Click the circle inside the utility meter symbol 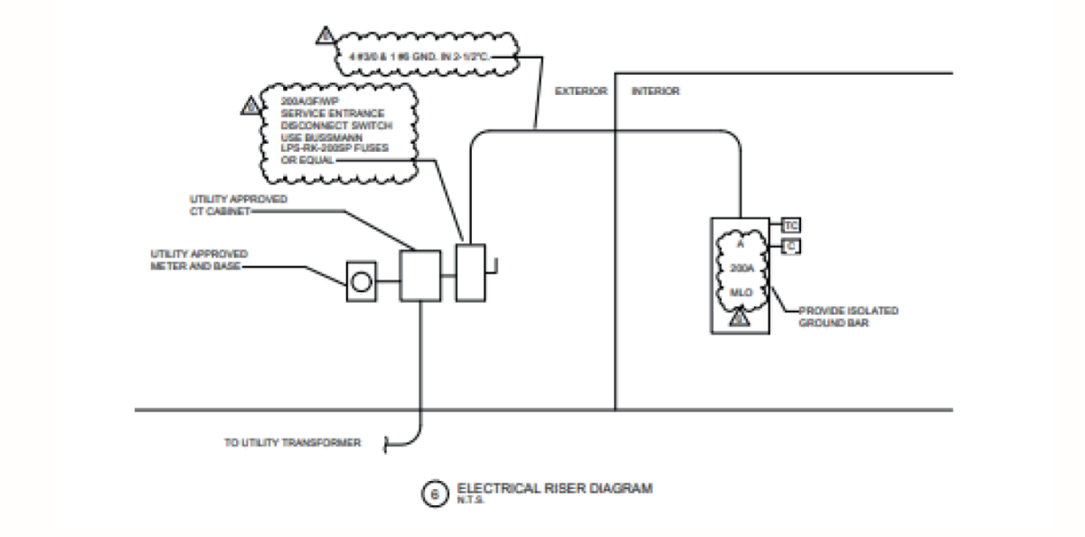tap(361, 282)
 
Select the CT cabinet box tap(419, 275)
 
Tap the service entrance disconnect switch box tap(471, 272)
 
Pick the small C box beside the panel tap(790, 245)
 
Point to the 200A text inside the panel tap(741, 268)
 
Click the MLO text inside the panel tap(741, 292)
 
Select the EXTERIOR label tap(580, 91)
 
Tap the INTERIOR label tap(656, 91)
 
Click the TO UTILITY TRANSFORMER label tap(293, 443)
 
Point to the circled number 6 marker tap(434, 494)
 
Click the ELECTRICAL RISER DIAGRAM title tap(554, 488)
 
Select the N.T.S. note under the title tap(471, 501)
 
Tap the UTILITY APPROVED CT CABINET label tap(239, 204)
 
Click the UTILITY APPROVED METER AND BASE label tap(199, 260)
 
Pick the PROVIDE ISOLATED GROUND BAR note tap(848, 316)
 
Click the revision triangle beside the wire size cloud tap(325, 36)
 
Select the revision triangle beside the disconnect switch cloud tap(250, 106)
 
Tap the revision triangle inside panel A tap(740, 317)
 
